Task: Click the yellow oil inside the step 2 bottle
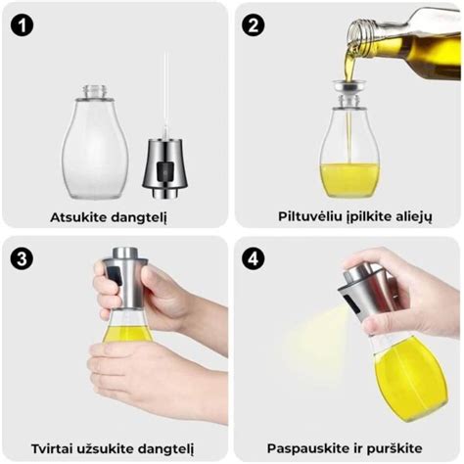coord(348,176)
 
